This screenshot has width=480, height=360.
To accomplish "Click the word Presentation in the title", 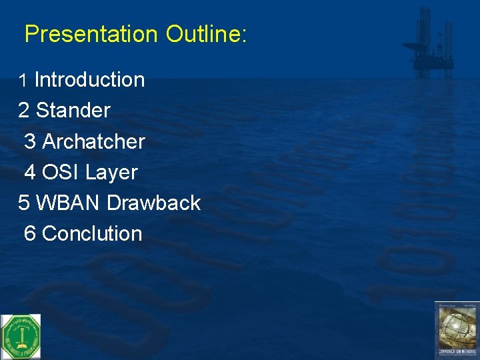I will (x=92, y=34).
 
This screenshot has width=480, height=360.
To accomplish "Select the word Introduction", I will (x=89, y=80).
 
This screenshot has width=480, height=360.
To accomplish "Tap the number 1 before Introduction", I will (x=23, y=81).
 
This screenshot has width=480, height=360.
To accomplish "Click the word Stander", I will (x=73, y=111).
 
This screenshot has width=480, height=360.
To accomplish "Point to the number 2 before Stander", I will (x=24, y=111).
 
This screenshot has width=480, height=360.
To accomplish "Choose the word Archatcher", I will (x=93, y=141).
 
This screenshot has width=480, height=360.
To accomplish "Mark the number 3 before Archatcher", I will (x=30, y=141).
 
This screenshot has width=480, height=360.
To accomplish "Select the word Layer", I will (x=111, y=172).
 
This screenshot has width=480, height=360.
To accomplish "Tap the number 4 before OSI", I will (x=30, y=172).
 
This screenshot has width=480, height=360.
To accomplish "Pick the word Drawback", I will (x=153, y=203).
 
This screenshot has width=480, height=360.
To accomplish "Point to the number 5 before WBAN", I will (x=24, y=203).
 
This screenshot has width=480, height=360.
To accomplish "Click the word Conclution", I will (x=92, y=233).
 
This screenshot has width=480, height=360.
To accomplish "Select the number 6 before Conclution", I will (x=30, y=233).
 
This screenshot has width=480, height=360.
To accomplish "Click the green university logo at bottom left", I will (x=20, y=336).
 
